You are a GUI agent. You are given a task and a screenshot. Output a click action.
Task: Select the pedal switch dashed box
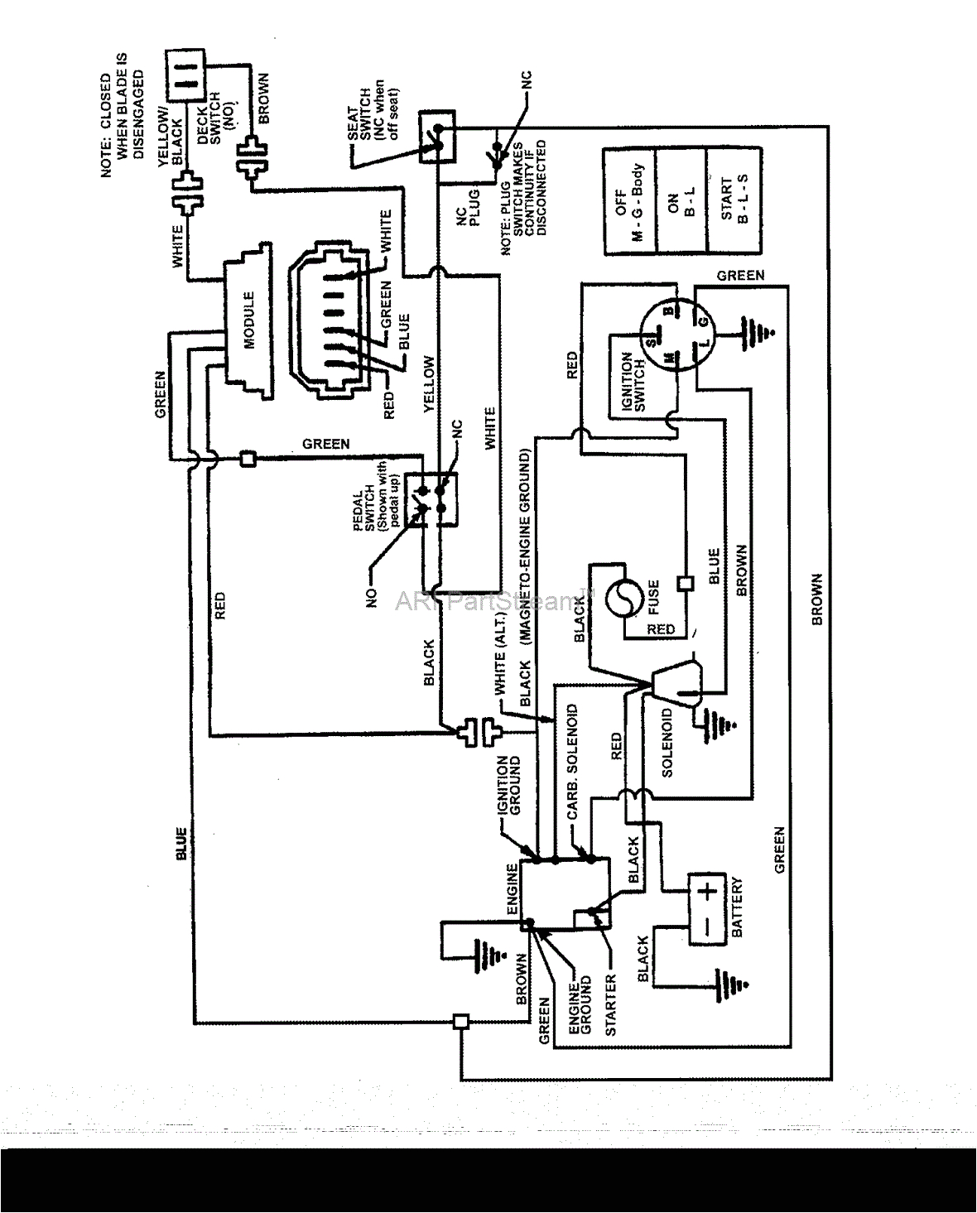click(x=430, y=496)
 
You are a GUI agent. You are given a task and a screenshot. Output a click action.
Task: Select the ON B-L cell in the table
click(x=680, y=201)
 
